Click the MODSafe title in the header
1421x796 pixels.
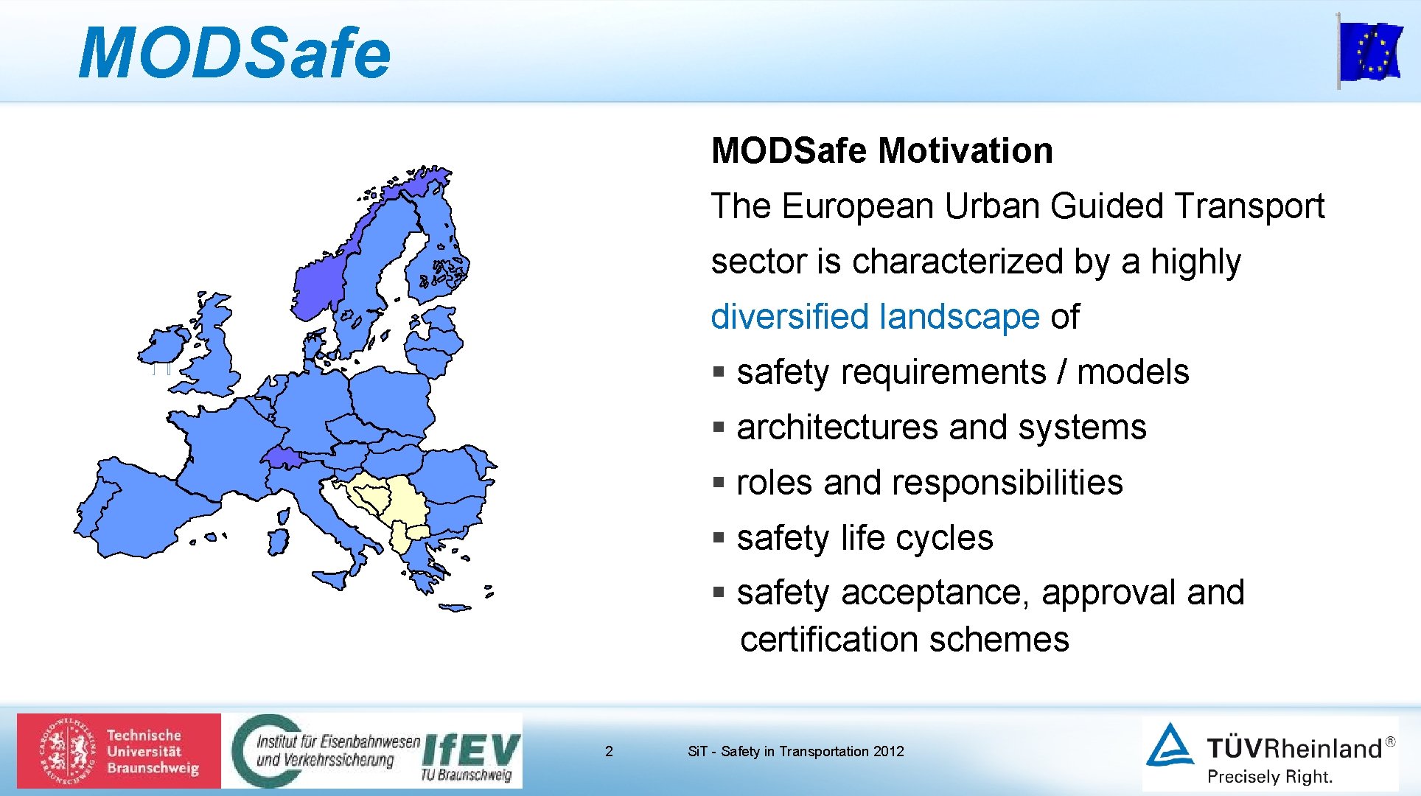(x=234, y=53)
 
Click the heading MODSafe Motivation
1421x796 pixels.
(x=881, y=150)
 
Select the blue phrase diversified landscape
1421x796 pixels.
(x=875, y=317)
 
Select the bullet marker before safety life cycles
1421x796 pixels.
(x=719, y=537)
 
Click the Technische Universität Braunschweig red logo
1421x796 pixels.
(x=119, y=750)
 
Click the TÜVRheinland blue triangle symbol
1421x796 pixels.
(x=1170, y=746)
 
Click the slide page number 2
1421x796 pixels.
(x=609, y=751)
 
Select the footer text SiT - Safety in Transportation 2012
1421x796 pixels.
(x=795, y=751)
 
